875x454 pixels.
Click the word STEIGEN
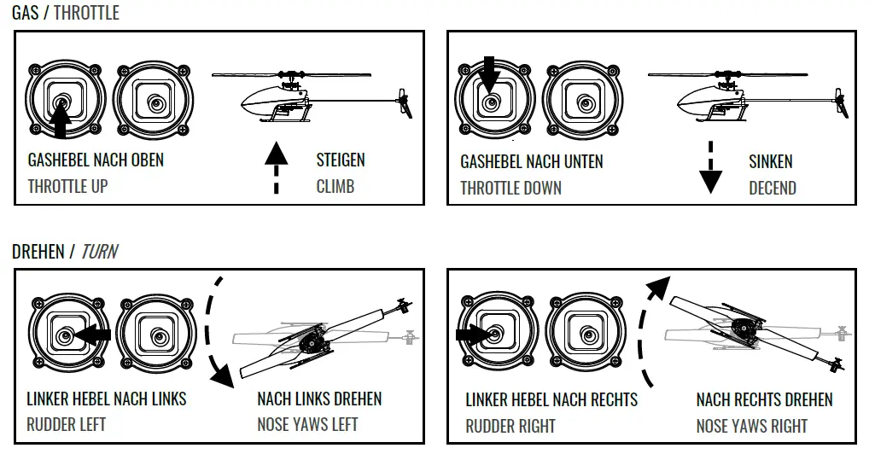pos(341,160)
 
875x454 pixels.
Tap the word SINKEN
pos(771,161)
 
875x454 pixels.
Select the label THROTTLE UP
pos(67,186)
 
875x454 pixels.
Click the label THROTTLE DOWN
pos(510,188)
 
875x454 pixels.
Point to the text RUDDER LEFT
pos(66,424)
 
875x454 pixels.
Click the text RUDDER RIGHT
pos(510,425)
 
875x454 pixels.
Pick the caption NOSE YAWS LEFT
pos(307,424)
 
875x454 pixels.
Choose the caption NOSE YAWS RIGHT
pos(752,425)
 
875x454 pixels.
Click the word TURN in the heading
pos(99,252)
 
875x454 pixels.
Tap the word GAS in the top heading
pos(26,13)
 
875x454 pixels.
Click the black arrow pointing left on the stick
pos(92,335)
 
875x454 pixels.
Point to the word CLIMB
pos(335,186)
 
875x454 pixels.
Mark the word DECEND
pos(772,188)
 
